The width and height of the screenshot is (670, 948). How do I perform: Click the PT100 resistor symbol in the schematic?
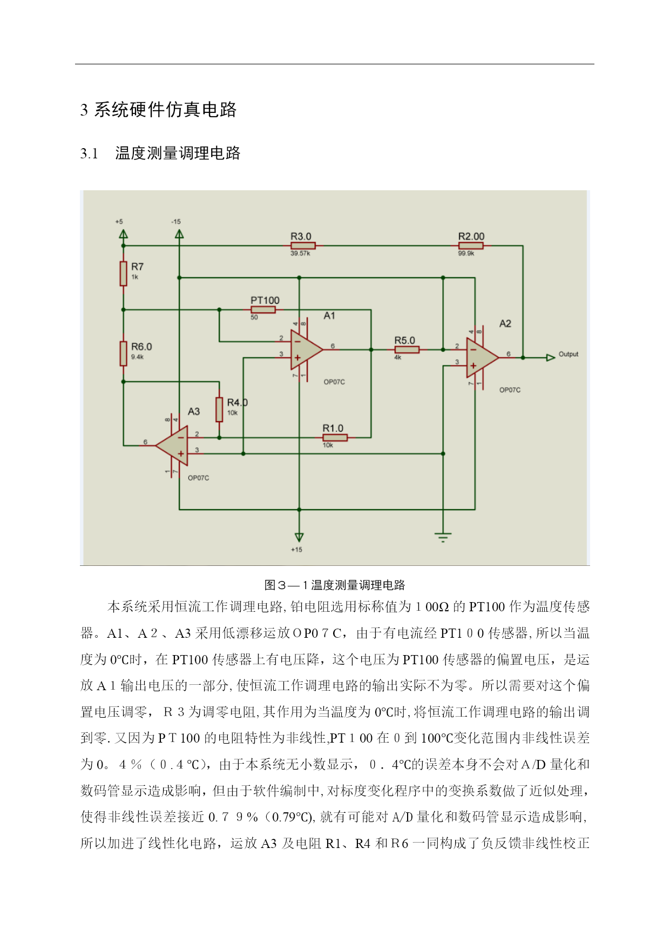pyautogui.click(x=263, y=310)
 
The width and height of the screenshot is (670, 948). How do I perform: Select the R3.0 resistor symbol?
pyautogui.click(x=303, y=246)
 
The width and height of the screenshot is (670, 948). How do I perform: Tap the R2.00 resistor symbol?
pyautogui.click(x=471, y=246)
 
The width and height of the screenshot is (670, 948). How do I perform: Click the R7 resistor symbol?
pyautogui.click(x=124, y=273)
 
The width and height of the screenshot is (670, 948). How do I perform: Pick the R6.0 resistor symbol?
pyautogui.click(x=124, y=353)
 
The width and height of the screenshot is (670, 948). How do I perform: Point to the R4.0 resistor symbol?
pyautogui.click(x=219, y=409)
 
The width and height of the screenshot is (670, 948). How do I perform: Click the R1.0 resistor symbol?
pyautogui.click(x=335, y=438)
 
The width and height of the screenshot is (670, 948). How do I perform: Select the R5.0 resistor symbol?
pyautogui.click(x=407, y=350)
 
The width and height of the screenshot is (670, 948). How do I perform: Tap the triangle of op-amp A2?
pyautogui.click(x=482, y=358)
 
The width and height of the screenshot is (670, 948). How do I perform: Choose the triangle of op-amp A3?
pyautogui.click(x=173, y=446)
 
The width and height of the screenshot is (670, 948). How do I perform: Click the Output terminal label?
pyautogui.click(x=569, y=355)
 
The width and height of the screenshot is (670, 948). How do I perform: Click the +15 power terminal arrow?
pyautogui.click(x=299, y=537)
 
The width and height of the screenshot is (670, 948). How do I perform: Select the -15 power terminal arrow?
pyautogui.click(x=179, y=234)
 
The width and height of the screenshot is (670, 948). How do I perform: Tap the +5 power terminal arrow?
pyautogui.click(x=124, y=234)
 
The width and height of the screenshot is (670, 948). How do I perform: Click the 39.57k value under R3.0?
pyautogui.click(x=301, y=253)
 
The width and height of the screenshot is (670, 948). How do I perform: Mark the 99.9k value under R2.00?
pyautogui.click(x=466, y=253)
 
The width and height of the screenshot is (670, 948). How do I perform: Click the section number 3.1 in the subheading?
pyautogui.click(x=89, y=154)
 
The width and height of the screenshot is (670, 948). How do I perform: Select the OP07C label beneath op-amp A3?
pyautogui.click(x=198, y=478)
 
